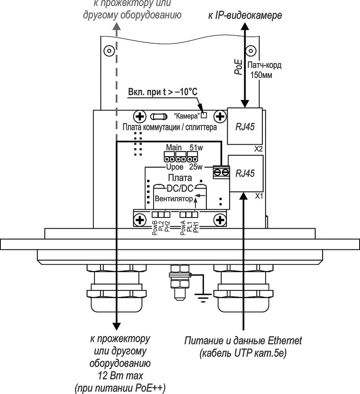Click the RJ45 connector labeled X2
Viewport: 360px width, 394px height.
tap(245, 126)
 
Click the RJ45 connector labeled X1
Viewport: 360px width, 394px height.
tap(245, 173)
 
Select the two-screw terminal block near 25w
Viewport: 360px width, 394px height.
tap(221, 172)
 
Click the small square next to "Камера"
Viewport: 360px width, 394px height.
tap(204, 115)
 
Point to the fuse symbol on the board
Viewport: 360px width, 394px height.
tap(158, 117)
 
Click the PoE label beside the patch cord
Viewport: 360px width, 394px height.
tap(238, 67)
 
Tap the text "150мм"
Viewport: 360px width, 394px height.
tap(261, 75)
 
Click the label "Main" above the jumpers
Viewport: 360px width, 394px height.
tap(174, 147)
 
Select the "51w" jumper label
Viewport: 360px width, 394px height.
tap(196, 147)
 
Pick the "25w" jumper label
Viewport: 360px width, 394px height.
tap(196, 167)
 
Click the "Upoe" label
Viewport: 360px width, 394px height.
tap(175, 167)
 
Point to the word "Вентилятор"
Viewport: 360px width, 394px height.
tap(174, 199)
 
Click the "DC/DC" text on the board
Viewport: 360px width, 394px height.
tap(180, 188)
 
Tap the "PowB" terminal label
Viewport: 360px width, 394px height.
tap(155, 228)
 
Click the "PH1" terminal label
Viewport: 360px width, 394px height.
tap(196, 227)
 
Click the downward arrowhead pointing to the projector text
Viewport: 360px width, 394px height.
tap(116, 326)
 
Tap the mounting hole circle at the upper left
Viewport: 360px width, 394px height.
tap(109, 51)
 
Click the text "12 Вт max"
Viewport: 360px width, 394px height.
tap(121, 375)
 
